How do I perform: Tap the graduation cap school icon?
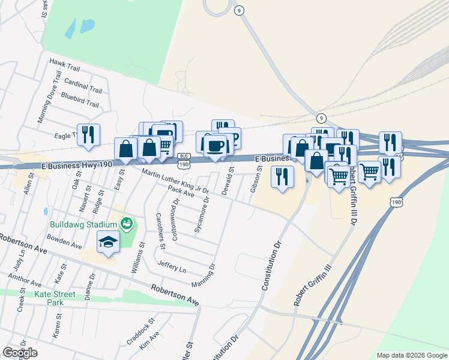(108, 242)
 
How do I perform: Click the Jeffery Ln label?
(172, 266)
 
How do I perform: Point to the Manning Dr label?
(203, 275)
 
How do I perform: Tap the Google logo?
(20, 353)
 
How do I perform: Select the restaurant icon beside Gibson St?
(282, 176)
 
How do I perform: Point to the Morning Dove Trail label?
(49, 97)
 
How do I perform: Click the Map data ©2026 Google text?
(412, 355)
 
